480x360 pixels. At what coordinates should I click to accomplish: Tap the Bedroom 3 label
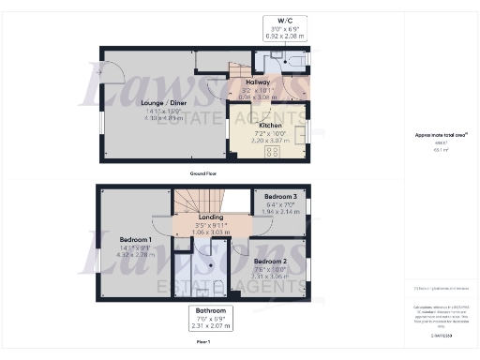coord(278,197)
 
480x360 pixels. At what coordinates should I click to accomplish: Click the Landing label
coord(210,217)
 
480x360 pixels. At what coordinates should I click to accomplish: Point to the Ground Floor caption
coord(204,173)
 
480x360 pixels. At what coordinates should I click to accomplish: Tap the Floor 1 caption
coord(203,343)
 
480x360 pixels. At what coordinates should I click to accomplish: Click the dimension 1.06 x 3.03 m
coord(210,232)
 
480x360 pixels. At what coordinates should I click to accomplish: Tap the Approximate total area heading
coord(434,135)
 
